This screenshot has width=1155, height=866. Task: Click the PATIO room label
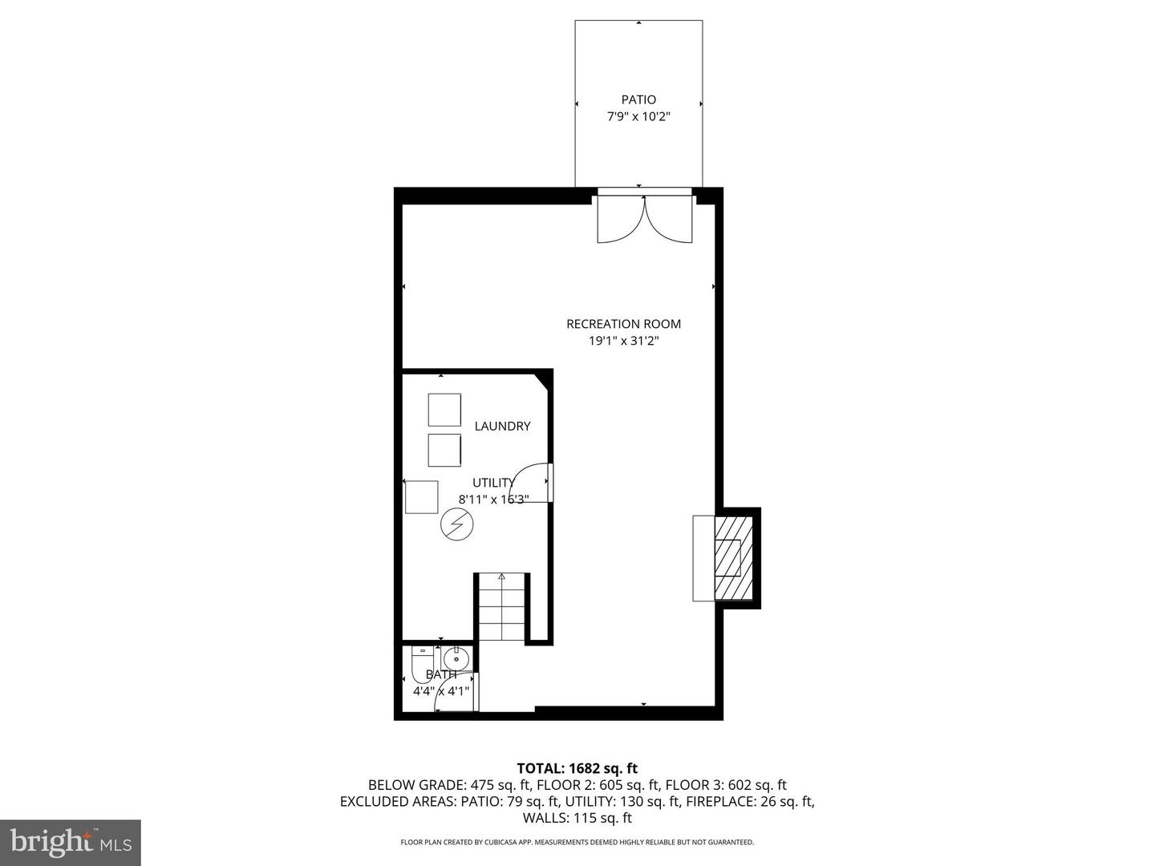click(x=638, y=99)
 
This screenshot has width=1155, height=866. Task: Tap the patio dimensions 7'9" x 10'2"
click(x=638, y=117)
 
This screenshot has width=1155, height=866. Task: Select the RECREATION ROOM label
click(x=623, y=324)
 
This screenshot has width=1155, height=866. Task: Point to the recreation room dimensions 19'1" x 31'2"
click(x=623, y=341)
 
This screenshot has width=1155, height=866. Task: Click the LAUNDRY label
click(x=502, y=426)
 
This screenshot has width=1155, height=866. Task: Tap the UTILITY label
click(x=493, y=483)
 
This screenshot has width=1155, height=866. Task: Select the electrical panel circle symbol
click(x=457, y=525)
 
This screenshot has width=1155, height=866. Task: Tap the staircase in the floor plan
click(x=502, y=607)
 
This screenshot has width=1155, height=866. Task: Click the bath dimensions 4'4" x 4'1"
click(x=440, y=690)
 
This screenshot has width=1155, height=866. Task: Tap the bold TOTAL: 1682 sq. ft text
click(x=577, y=768)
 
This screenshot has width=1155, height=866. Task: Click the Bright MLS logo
click(x=71, y=842)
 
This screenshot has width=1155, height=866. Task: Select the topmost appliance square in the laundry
click(x=444, y=410)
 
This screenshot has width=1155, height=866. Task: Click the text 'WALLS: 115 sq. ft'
click(x=577, y=818)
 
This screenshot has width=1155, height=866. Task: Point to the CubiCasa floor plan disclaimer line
click(x=577, y=842)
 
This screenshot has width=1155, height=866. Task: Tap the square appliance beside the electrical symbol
click(x=421, y=497)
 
